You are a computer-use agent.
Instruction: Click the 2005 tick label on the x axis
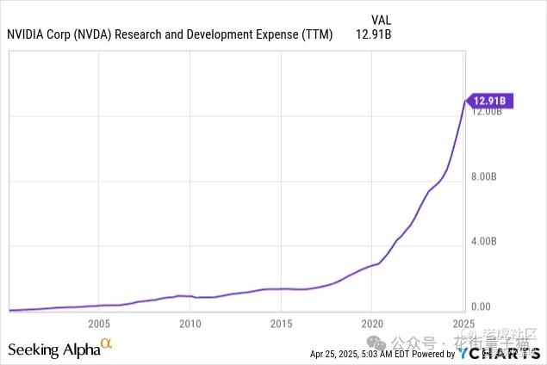(x=99, y=324)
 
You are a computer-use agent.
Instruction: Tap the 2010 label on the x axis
(x=190, y=324)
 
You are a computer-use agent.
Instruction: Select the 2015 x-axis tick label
(x=281, y=324)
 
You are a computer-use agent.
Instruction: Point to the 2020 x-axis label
(x=371, y=324)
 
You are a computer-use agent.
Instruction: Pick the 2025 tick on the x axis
(x=463, y=324)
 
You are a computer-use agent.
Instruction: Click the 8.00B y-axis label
(x=486, y=178)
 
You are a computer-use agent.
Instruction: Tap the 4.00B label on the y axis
(x=486, y=243)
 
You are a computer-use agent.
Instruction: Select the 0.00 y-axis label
(x=481, y=306)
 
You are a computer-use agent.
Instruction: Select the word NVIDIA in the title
(x=27, y=35)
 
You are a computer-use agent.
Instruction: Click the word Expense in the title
(x=283, y=35)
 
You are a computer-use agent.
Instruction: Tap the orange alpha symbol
(x=106, y=345)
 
